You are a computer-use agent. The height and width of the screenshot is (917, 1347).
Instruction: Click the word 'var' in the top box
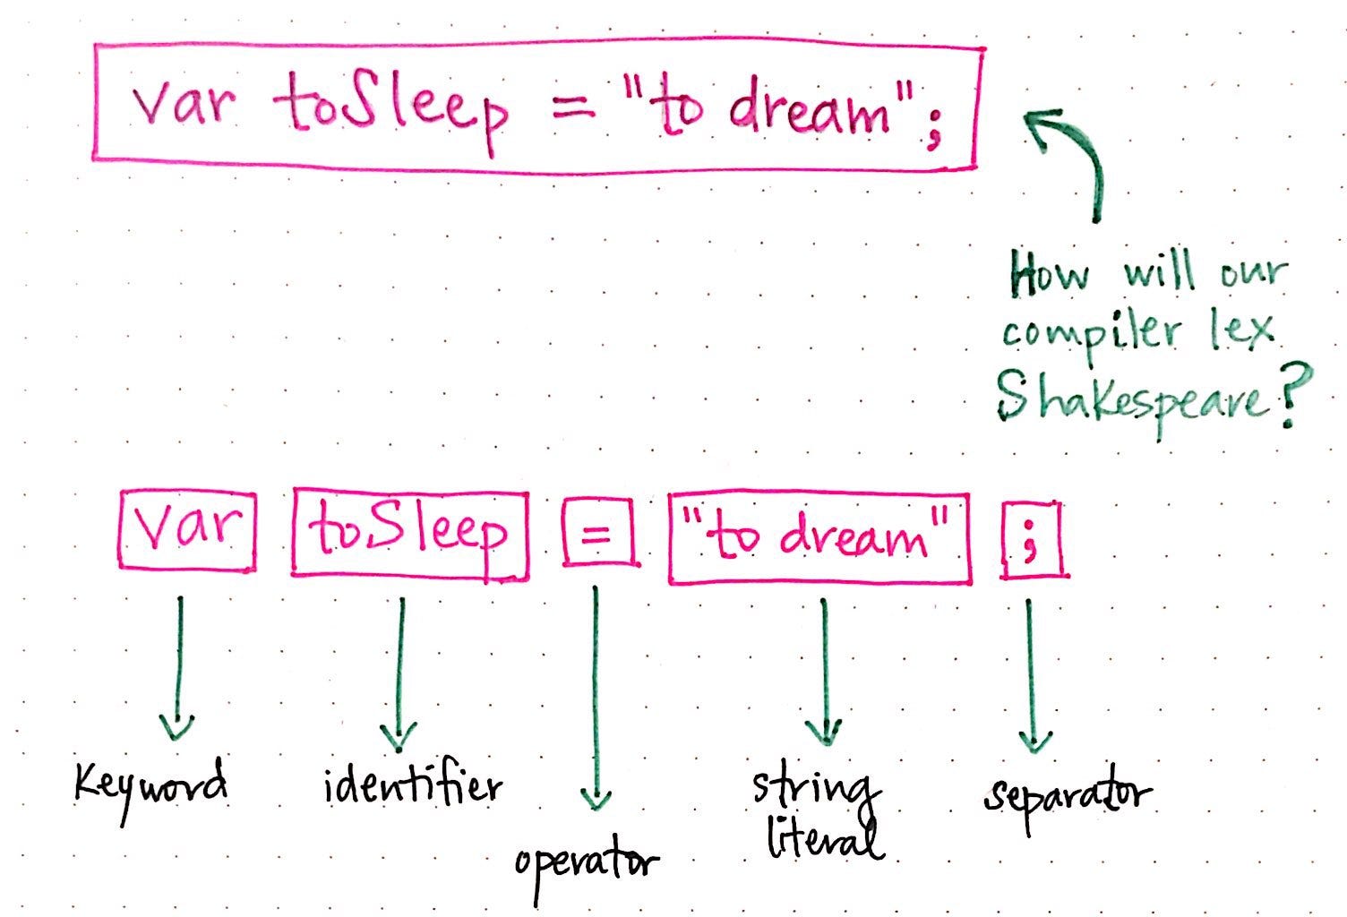(183, 106)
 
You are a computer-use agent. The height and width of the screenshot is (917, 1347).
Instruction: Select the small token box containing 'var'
(186, 529)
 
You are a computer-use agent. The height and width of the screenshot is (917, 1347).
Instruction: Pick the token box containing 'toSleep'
(409, 534)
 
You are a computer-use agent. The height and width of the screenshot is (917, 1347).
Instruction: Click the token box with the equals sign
(599, 535)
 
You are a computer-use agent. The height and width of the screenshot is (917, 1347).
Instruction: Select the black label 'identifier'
(412, 787)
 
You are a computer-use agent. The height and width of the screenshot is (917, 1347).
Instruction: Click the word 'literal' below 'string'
(824, 839)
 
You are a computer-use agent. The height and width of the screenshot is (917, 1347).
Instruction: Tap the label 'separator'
(1067, 796)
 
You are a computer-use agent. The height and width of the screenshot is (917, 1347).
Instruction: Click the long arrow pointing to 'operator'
(596, 698)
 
